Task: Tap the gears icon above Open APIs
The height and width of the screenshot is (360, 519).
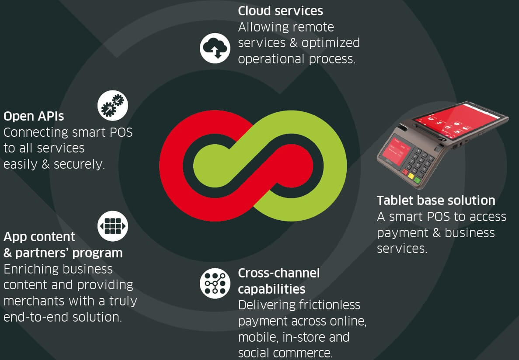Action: click(x=112, y=105)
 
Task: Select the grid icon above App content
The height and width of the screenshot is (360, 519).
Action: click(x=112, y=226)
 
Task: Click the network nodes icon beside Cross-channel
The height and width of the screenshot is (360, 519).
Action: click(x=215, y=283)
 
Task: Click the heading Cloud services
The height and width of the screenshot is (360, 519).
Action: click(x=280, y=11)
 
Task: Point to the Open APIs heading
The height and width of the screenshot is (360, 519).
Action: click(x=34, y=116)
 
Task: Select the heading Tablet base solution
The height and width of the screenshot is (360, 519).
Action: click(x=436, y=201)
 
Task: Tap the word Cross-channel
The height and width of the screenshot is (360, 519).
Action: click(x=279, y=273)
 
